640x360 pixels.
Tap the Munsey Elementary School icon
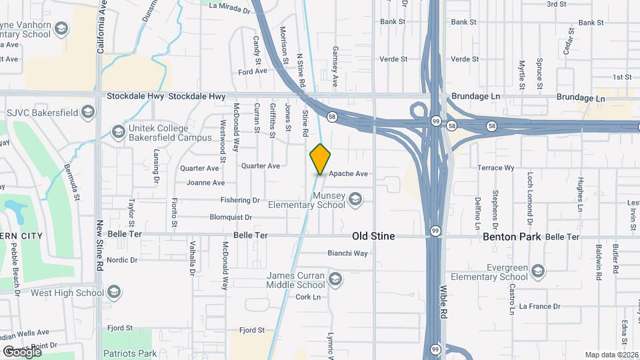coord(355,198)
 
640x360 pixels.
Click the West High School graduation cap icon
coord(114,292)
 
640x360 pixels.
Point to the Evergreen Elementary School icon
coord(538,271)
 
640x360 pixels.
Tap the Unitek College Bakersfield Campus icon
coord(119,131)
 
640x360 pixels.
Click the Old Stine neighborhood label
coord(373,236)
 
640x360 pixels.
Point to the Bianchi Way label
coord(347,253)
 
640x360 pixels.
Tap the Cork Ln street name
coord(309,297)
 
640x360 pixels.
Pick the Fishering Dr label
coord(239,200)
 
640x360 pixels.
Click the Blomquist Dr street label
coord(231,217)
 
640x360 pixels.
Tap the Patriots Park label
coord(129,353)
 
